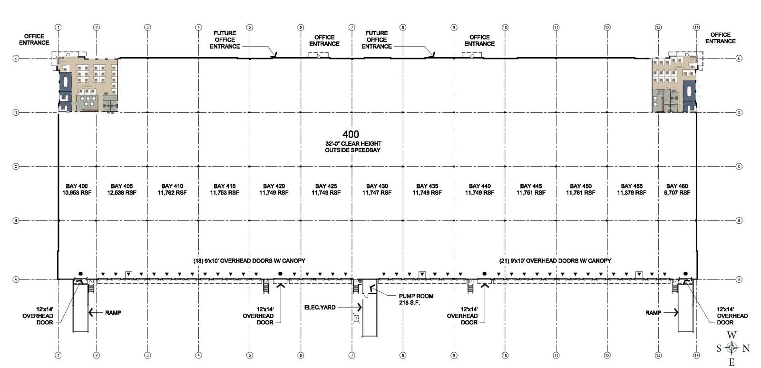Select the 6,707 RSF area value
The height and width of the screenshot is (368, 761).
pos(677,193)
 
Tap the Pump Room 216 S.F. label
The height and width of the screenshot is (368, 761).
pos(416,299)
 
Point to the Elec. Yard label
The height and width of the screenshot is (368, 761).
pos(320,308)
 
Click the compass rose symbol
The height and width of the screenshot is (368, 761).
pos(732,348)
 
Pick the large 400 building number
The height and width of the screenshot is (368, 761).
pos(351,135)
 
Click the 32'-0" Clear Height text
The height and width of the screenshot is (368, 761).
pos(353,143)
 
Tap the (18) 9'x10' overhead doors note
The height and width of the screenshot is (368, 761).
pos(249,260)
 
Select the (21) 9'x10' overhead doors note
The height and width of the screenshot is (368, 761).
pos(555,260)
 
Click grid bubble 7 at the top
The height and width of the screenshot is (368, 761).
pos(352,27)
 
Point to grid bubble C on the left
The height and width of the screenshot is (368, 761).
pos(16,167)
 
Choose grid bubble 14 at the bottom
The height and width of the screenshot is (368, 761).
pos(696,355)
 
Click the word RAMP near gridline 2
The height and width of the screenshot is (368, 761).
pos(113,313)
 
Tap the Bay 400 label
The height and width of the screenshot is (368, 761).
pos(77,186)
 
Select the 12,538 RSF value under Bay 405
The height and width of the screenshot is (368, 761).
pos(122,193)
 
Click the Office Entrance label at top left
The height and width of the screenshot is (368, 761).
pos(34,40)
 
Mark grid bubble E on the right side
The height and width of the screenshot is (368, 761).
pos(739,59)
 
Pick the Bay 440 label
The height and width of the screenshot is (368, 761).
pos(479,186)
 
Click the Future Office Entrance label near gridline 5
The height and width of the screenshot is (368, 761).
pos(224,40)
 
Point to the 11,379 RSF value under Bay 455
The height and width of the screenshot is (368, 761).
pos(632,193)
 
